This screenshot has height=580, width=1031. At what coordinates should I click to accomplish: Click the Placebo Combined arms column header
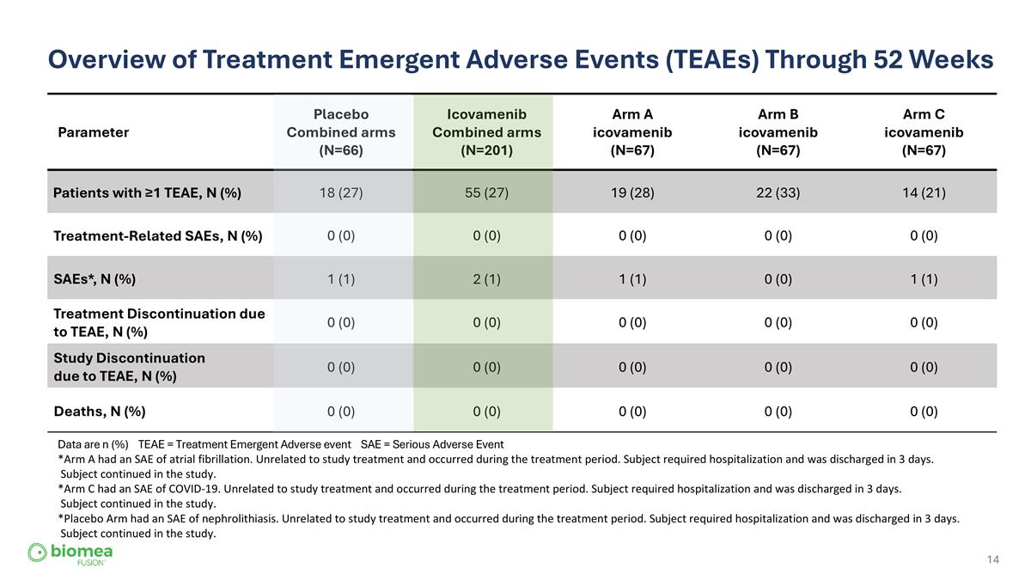point(341,132)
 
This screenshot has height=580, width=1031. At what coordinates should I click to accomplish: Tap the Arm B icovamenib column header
point(778,132)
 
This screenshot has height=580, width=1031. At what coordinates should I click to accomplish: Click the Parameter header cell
point(94,132)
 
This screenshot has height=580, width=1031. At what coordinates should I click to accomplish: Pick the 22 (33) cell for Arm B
point(778,192)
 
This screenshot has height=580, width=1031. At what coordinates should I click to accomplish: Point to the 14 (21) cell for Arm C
point(924,192)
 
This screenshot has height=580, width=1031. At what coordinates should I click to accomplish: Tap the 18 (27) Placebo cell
point(341,192)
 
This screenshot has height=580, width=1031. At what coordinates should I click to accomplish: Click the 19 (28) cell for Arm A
point(632,192)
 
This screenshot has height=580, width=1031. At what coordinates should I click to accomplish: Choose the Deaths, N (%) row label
point(100,411)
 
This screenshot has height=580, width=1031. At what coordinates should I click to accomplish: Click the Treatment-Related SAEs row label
point(158,235)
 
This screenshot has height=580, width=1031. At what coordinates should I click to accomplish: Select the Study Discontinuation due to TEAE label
point(130,366)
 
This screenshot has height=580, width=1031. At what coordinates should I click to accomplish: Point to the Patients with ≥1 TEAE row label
point(147,192)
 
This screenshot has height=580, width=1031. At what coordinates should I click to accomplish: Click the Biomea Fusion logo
point(70,553)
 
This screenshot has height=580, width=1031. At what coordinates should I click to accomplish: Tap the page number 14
point(992,560)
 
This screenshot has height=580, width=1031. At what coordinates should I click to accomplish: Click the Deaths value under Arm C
point(924,411)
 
